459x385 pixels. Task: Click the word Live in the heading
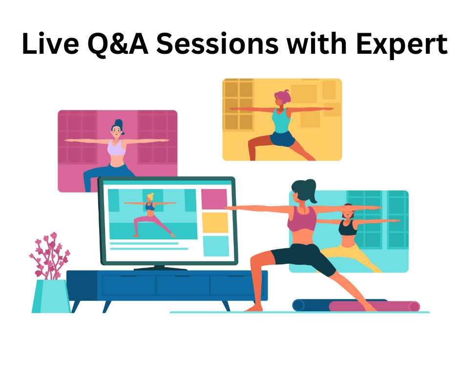click(50, 43)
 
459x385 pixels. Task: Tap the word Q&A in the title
click(118, 44)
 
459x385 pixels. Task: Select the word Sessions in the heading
click(217, 43)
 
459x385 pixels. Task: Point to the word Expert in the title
click(401, 45)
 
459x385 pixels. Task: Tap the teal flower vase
click(51, 296)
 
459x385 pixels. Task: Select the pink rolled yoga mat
click(375, 306)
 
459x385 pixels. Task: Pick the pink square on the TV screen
click(214, 199)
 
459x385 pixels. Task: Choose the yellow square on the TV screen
click(215, 223)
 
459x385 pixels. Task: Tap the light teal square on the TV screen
click(216, 246)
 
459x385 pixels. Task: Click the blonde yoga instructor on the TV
click(150, 215)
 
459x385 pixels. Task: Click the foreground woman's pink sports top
click(302, 218)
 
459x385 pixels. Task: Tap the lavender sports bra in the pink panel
click(117, 148)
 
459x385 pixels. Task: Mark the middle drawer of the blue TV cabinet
click(183, 285)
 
